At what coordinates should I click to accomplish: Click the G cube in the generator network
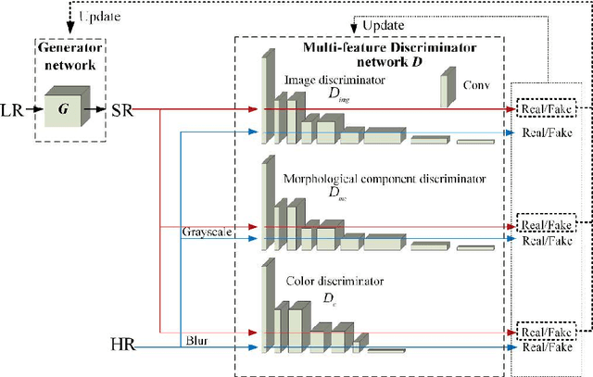click(64, 108)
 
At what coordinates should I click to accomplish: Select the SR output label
click(120, 109)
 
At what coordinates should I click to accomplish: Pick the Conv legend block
click(447, 92)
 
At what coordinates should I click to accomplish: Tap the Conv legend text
click(473, 84)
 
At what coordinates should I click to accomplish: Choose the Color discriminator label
click(325, 280)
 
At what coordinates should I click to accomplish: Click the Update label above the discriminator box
click(382, 25)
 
